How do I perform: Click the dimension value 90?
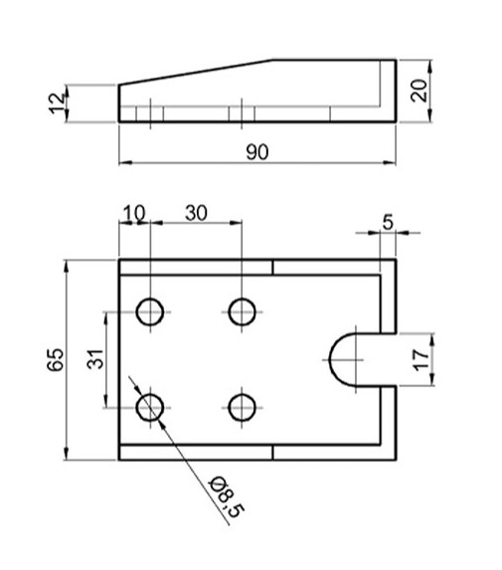(x=257, y=151)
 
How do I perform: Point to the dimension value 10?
(x=133, y=213)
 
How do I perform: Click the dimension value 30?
(x=195, y=213)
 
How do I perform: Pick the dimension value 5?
(x=388, y=222)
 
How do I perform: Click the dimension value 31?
(x=95, y=359)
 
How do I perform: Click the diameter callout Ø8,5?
(x=225, y=496)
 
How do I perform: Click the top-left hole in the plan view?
(x=151, y=311)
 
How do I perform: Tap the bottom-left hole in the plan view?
(x=151, y=406)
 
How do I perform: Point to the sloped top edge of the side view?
(x=199, y=72)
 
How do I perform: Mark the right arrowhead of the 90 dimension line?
(x=391, y=162)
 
